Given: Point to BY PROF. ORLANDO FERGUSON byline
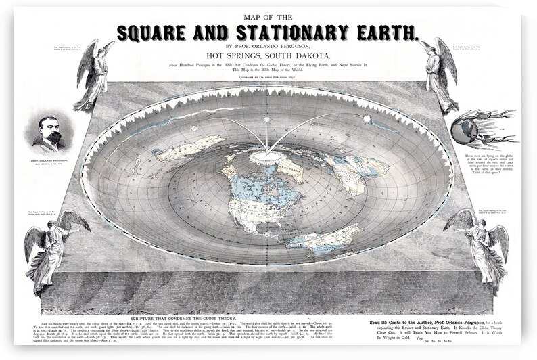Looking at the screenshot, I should [x=269, y=45].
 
